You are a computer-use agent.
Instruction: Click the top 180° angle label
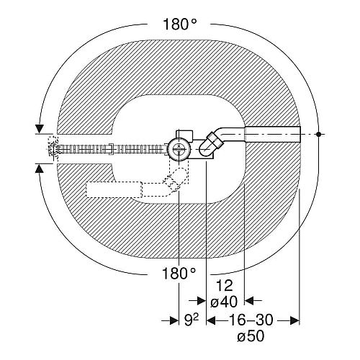coord(180,24)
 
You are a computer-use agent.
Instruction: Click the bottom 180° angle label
coord(179,273)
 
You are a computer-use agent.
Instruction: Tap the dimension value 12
coord(225,286)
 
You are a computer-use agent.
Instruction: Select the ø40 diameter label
coord(224,302)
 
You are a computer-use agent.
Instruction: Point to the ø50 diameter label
coord(251,336)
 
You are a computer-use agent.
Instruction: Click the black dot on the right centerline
coord(318,134)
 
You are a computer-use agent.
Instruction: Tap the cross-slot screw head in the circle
coord(179,149)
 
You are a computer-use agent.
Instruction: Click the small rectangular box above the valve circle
coord(184,135)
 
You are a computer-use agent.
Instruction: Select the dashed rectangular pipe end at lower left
coord(114,189)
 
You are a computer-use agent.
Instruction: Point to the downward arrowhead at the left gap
coord(39,129)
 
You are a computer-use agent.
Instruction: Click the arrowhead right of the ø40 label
coord(249,300)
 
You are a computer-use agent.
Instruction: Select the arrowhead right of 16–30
coord(294,320)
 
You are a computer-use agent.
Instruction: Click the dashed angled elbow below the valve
coord(175,180)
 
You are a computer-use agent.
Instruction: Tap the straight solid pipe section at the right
coord(273,134)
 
